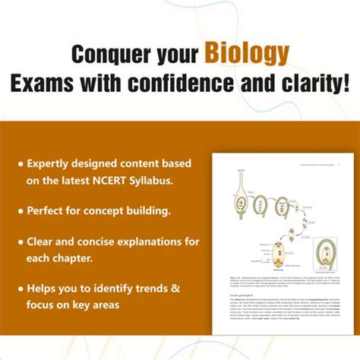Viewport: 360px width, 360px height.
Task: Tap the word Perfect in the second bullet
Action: click(x=48, y=207)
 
